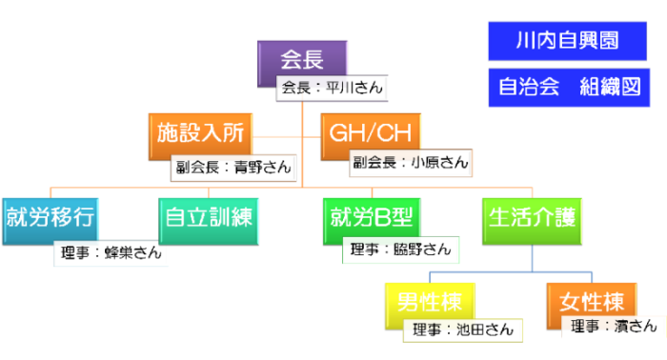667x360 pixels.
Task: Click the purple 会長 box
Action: pyautogui.click(x=302, y=58)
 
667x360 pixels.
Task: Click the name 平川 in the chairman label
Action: pyautogui.click(x=339, y=89)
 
